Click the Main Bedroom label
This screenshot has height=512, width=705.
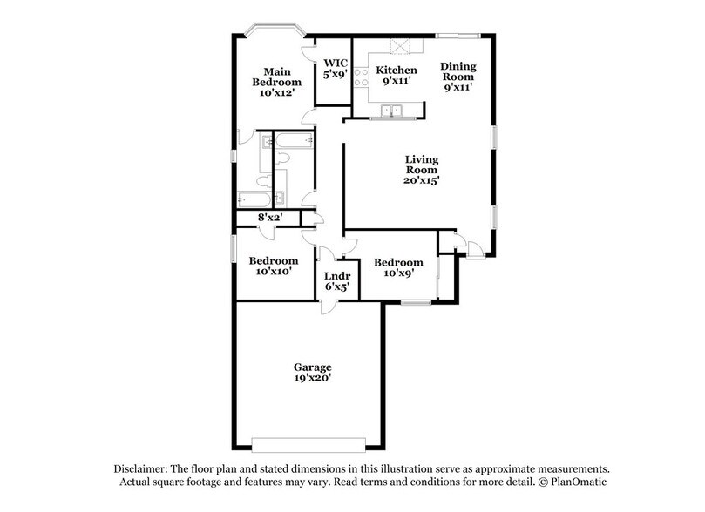(277, 77)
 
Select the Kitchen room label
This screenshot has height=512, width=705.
(396, 71)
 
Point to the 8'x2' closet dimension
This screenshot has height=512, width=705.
(270, 218)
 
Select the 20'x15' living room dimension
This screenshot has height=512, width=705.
(421, 181)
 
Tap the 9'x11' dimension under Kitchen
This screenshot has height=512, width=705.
(396, 82)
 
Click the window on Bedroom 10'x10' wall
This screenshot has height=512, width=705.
(233, 246)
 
